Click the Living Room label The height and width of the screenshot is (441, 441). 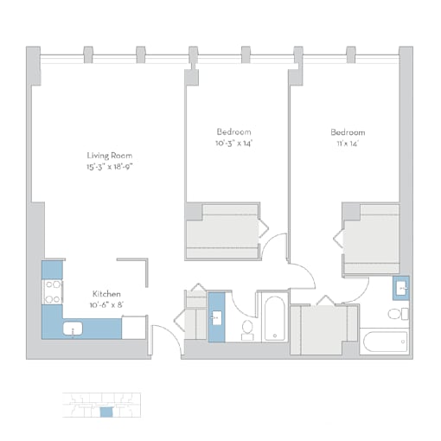pyautogui.click(x=110, y=156)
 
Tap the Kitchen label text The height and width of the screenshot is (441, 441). pyautogui.click(x=106, y=294)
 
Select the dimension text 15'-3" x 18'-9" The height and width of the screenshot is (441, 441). pyautogui.click(x=110, y=167)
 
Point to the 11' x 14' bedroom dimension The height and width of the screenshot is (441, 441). pyautogui.click(x=348, y=144)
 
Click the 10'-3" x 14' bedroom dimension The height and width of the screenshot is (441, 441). pyautogui.click(x=233, y=144)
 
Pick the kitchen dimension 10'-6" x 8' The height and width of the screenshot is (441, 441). pyautogui.click(x=106, y=305)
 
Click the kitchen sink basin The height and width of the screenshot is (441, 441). pyautogui.click(x=73, y=329)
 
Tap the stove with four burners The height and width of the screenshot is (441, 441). pyautogui.click(x=53, y=292)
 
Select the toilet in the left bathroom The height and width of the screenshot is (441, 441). pyautogui.click(x=247, y=330)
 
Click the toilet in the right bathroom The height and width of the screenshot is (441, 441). pyautogui.click(x=398, y=314)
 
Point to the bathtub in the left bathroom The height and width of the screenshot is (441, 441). pyautogui.click(x=275, y=318)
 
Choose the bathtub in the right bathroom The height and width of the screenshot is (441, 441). pyautogui.click(x=385, y=342)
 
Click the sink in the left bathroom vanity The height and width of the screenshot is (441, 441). pyautogui.click(x=216, y=318)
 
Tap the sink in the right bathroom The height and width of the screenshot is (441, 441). pyautogui.click(x=401, y=288)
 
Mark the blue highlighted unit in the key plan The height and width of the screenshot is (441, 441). pyautogui.click(x=106, y=412)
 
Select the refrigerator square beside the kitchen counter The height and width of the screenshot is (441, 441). pyautogui.click(x=134, y=328)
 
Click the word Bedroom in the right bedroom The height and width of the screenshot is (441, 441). pyautogui.click(x=348, y=132)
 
